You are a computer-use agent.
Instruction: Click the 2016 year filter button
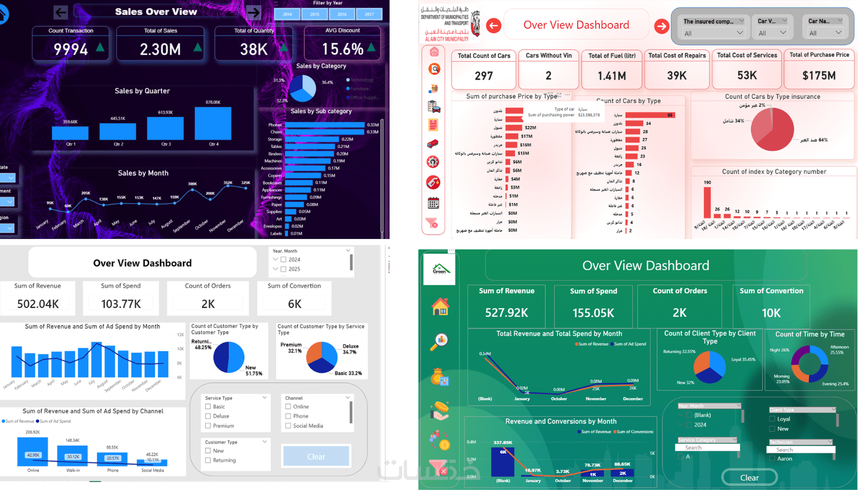tap(342, 14)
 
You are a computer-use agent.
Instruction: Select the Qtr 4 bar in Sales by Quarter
tap(213, 123)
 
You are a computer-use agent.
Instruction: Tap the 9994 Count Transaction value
tap(71, 49)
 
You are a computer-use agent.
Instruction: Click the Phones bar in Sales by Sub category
tap(324, 125)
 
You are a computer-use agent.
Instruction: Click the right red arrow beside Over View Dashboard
tap(661, 26)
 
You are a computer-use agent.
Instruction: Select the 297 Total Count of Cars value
tap(484, 76)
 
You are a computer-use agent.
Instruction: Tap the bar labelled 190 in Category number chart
tap(707, 202)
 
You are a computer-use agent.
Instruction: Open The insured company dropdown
tap(713, 33)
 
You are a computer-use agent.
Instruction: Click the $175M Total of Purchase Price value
tap(819, 76)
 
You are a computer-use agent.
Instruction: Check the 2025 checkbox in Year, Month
tap(284, 269)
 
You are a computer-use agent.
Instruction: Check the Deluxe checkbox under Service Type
tap(208, 416)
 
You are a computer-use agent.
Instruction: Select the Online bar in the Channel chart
tap(33, 452)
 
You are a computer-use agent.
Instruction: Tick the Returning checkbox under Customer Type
tap(208, 460)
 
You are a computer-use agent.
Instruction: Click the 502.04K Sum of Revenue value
tap(38, 304)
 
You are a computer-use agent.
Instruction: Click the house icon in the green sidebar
tap(440, 307)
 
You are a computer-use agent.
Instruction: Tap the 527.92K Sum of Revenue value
tap(506, 313)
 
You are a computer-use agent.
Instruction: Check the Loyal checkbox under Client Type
tap(772, 419)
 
